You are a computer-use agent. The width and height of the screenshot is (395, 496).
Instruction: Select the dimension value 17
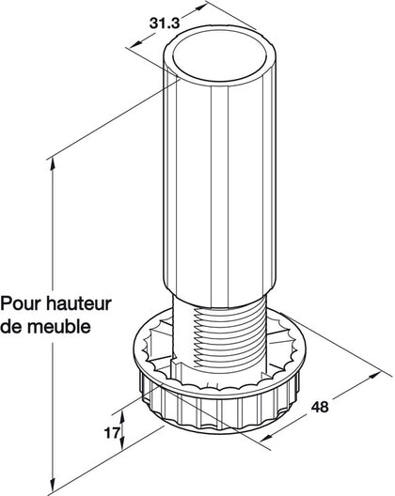110,434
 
